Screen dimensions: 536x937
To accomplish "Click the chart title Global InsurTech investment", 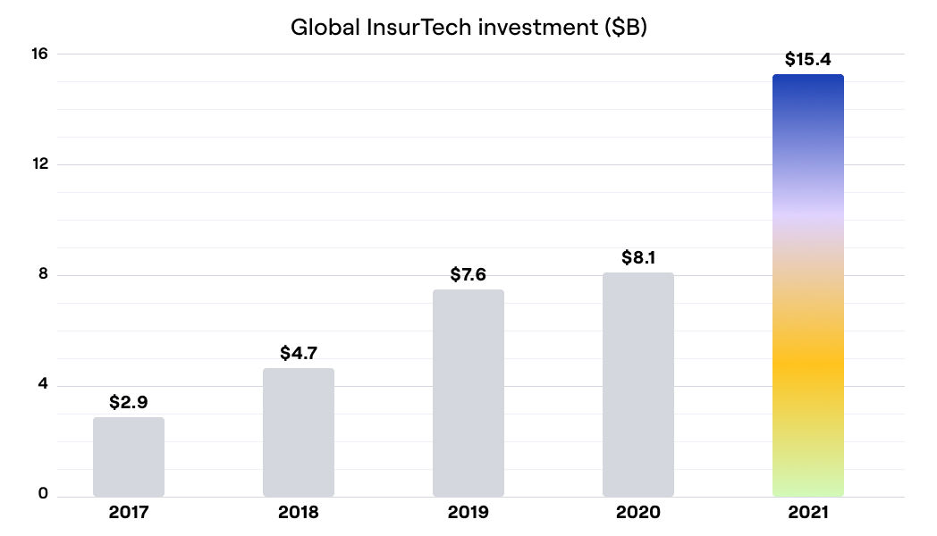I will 468,27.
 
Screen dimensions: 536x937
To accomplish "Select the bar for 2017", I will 129,456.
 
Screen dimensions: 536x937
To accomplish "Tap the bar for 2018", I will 299,432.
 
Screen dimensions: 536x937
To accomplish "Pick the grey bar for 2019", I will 468,393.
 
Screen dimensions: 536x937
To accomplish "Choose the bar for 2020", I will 638,384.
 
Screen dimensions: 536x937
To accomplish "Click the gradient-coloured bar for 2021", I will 808,286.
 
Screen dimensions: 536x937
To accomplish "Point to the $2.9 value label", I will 129,402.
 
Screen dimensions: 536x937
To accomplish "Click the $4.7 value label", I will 299,353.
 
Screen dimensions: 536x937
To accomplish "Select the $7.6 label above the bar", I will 468,274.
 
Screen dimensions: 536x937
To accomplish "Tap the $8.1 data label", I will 638,257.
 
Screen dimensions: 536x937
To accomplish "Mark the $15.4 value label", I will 808,59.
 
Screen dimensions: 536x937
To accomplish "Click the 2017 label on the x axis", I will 129,513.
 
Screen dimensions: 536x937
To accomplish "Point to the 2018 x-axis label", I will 299,513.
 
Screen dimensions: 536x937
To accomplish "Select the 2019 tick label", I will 468,513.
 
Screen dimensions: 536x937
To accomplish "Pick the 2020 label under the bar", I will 638,513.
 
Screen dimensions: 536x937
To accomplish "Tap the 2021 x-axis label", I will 808,513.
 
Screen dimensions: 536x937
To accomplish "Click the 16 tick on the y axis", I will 40,54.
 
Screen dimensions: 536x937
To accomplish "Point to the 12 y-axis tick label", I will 40,164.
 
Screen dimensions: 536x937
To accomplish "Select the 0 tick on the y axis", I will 43,494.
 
